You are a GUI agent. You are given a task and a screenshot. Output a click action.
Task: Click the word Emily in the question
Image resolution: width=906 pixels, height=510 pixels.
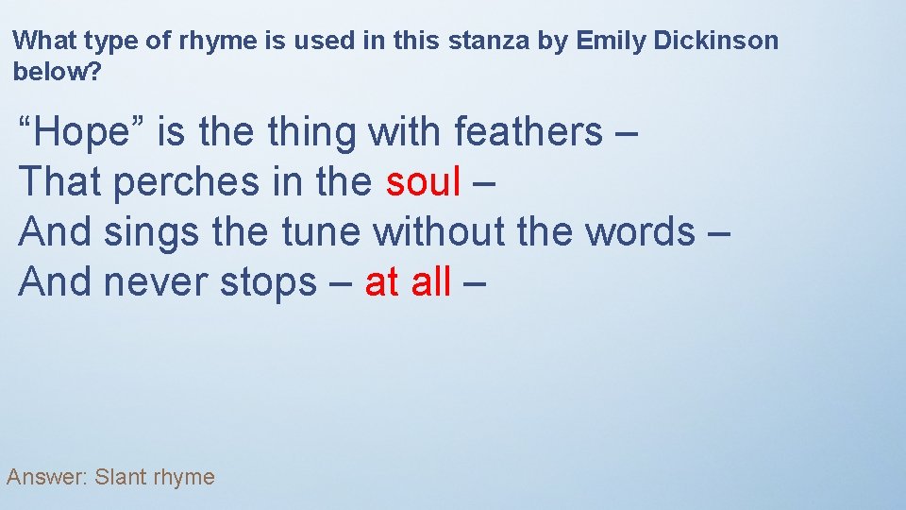tap(609, 41)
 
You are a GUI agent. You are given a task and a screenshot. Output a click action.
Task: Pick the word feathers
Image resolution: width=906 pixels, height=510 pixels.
tap(528, 133)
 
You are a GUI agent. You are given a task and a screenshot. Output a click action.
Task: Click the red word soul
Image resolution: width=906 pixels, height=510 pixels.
tap(423, 182)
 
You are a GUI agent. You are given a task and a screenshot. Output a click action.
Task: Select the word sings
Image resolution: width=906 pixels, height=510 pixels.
tap(151, 231)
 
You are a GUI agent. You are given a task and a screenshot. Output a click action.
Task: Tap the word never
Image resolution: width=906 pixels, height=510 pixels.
tap(157, 280)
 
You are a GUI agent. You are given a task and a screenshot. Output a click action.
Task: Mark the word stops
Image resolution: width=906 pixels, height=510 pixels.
tap(268, 280)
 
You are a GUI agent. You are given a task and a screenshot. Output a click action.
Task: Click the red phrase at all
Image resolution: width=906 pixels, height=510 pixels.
tap(408, 280)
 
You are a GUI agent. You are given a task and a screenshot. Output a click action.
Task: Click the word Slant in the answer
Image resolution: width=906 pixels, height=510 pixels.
tap(122, 477)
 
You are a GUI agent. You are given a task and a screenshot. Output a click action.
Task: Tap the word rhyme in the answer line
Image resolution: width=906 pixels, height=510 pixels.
tap(185, 478)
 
